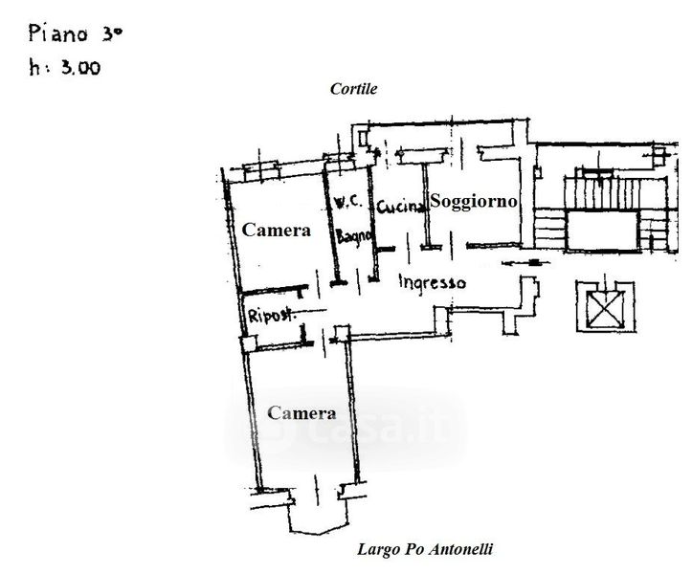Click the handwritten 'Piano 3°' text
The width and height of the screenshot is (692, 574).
pyautogui.click(x=75, y=33)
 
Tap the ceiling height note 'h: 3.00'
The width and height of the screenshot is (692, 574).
pyautogui.click(x=65, y=68)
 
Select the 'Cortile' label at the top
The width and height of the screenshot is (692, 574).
pyautogui.click(x=353, y=89)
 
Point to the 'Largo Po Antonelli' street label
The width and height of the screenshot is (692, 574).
pyautogui.click(x=425, y=549)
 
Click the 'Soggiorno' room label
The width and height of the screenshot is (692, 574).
pyautogui.click(x=474, y=201)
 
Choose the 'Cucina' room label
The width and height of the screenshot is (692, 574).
pyautogui.click(x=400, y=206)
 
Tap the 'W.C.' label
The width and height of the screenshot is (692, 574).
pyautogui.click(x=348, y=202)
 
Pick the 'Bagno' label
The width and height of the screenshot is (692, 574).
pyautogui.click(x=354, y=236)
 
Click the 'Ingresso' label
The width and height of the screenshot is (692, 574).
pyautogui.click(x=432, y=282)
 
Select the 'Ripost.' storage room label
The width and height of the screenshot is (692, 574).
pyautogui.click(x=271, y=316)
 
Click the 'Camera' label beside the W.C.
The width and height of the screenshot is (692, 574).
pyautogui.click(x=277, y=230)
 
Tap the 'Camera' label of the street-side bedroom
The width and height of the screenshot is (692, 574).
pyautogui.click(x=301, y=413)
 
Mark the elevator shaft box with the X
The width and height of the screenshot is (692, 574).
pyautogui.click(x=606, y=307)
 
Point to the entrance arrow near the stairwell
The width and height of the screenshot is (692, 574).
pyautogui.click(x=525, y=262)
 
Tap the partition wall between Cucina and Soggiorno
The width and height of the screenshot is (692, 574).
pyautogui.click(x=426, y=204)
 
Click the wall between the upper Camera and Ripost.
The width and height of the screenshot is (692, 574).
pyautogui.click(x=272, y=289)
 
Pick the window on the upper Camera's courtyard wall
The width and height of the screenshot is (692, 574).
pyautogui.click(x=261, y=171)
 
